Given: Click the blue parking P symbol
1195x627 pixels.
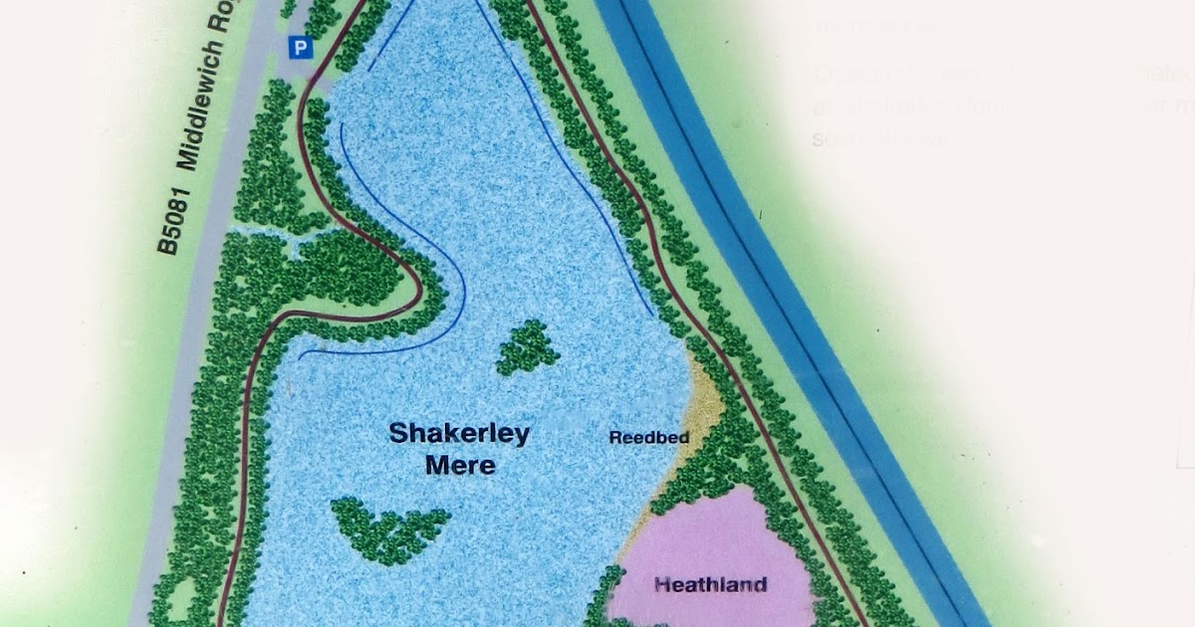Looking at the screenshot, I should [300, 47].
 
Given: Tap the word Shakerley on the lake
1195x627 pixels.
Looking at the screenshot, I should [459, 434].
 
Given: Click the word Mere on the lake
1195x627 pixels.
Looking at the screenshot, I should [459, 465].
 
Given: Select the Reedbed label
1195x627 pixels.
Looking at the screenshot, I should [649, 436].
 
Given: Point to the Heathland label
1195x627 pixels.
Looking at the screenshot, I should [710, 584].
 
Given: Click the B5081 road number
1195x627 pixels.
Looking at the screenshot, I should [172, 224].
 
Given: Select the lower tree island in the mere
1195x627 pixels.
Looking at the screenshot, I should [388, 527].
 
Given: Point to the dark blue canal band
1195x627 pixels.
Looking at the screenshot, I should [757, 249].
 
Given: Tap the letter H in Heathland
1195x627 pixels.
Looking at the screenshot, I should [660, 584].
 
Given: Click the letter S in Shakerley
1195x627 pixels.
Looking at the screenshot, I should [395, 434].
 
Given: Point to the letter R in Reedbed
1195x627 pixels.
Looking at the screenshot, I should [614, 436].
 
